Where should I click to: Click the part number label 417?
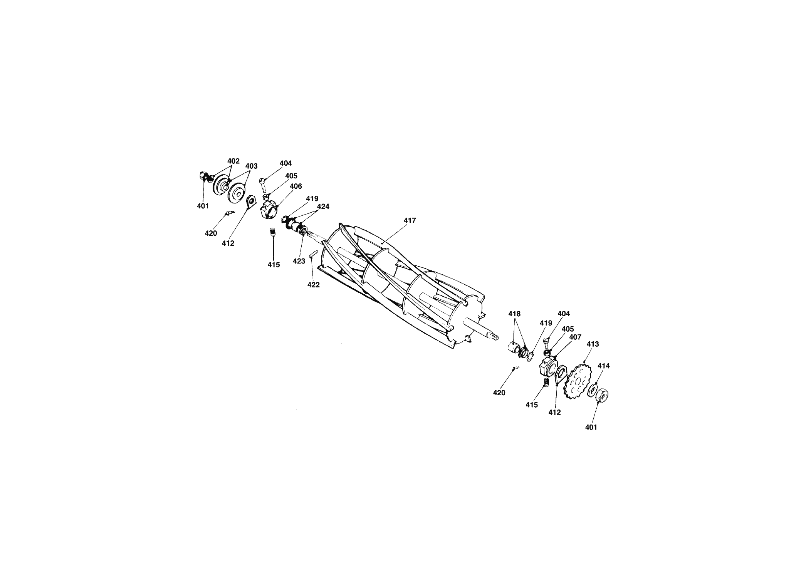[x=410, y=220]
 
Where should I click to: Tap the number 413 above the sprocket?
[x=593, y=344]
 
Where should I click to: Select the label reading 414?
[x=604, y=366]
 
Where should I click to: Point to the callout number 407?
[x=575, y=337]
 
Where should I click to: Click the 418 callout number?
[x=514, y=314]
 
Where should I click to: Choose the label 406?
[x=296, y=186]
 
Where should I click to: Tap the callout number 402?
[x=233, y=161]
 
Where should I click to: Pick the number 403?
[x=251, y=166]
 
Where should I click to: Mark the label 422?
[x=313, y=285]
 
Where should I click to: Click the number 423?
[x=299, y=261]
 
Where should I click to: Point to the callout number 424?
[x=323, y=206]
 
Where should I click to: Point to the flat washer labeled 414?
[x=593, y=390]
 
